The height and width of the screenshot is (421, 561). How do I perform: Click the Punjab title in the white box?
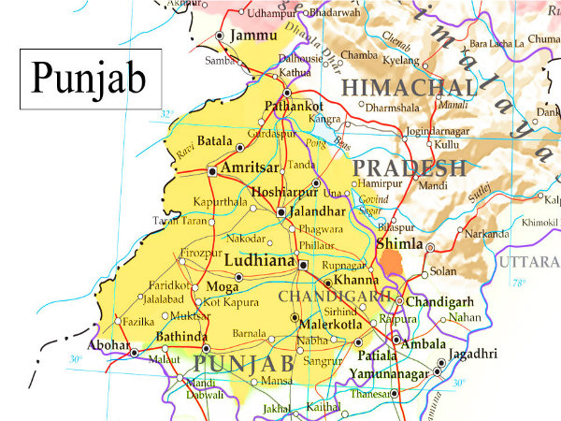[91, 79]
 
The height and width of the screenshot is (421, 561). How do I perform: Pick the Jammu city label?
[253, 36]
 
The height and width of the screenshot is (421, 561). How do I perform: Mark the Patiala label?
[379, 356]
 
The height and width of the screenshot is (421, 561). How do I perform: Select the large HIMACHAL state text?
[409, 88]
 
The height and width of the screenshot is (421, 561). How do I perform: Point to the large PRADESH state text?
[411, 168]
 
